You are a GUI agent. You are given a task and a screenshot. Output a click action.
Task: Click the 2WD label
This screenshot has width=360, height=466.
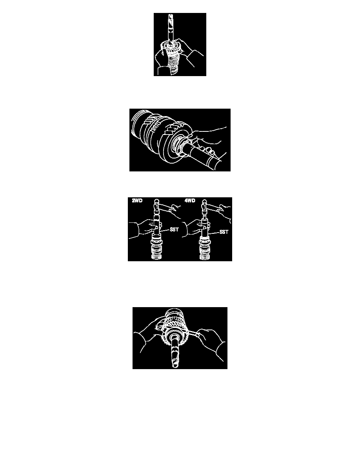pyautogui.click(x=137, y=200)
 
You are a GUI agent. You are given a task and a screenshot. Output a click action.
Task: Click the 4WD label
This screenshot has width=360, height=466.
pyautogui.click(x=190, y=200)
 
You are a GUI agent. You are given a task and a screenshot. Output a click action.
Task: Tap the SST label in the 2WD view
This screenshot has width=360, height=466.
pyautogui.click(x=174, y=229)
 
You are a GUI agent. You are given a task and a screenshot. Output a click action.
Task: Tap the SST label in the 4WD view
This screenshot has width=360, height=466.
pyautogui.click(x=224, y=232)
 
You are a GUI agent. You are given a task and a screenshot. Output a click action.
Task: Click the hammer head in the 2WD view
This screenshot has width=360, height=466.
pyautogui.click(x=157, y=205)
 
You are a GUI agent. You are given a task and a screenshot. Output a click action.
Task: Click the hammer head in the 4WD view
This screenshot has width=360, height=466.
pyautogui.click(x=204, y=205)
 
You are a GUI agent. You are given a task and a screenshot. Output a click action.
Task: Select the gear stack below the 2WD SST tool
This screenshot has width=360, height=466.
pyautogui.click(x=157, y=249)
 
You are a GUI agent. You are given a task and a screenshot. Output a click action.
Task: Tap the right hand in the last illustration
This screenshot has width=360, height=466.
pyautogui.click(x=209, y=342)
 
